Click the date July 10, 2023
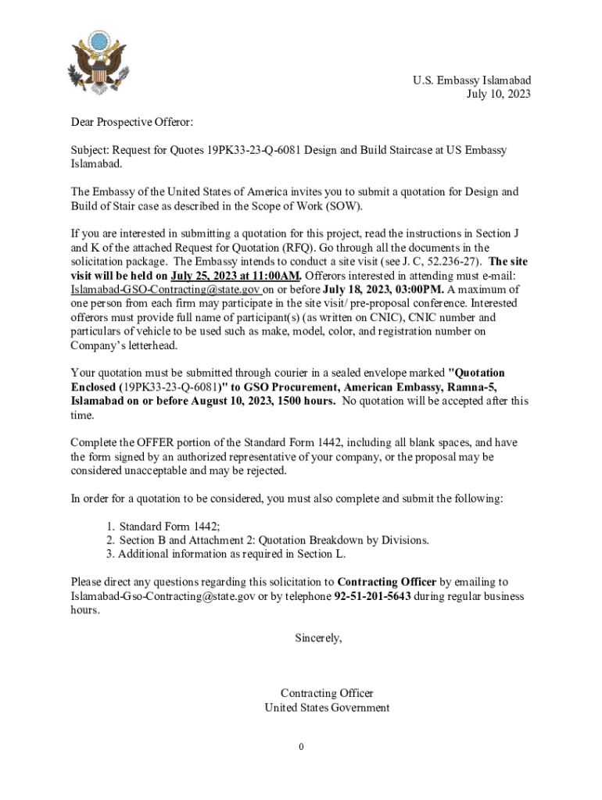click(x=498, y=95)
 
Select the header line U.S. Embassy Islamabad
click(x=472, y=80)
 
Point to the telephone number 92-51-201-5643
click(x=372, y=596)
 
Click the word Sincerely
click(x=318, y=638)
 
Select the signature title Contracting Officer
click(x=327, y=694)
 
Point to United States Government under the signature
click(x=327, y=708)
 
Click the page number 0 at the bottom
click(x=301, y=748)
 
